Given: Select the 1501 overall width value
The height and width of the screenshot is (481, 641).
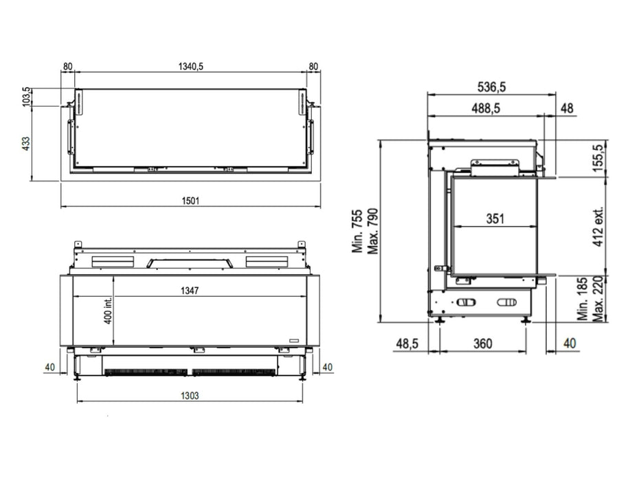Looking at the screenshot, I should [x=191, y=201].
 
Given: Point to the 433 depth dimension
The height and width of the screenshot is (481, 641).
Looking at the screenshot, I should [x=25, y=143].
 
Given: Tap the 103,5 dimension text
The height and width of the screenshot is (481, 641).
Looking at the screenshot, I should [x=25, y=97].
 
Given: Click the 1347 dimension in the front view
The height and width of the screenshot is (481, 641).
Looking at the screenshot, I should [x=190, y=291].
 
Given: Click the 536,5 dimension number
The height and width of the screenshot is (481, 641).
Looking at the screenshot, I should [x=491, y=87].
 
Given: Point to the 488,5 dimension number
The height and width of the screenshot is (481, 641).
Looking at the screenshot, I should [x=486, y=108].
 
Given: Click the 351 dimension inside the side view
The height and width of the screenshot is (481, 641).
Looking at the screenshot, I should [x=495, y=219].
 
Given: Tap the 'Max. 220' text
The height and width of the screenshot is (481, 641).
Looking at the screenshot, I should [x=598, y=299].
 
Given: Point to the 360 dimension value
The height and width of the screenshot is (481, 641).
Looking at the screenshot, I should [x=482, y=343].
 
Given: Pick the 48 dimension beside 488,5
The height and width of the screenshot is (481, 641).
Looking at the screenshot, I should [x=567, y=108].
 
